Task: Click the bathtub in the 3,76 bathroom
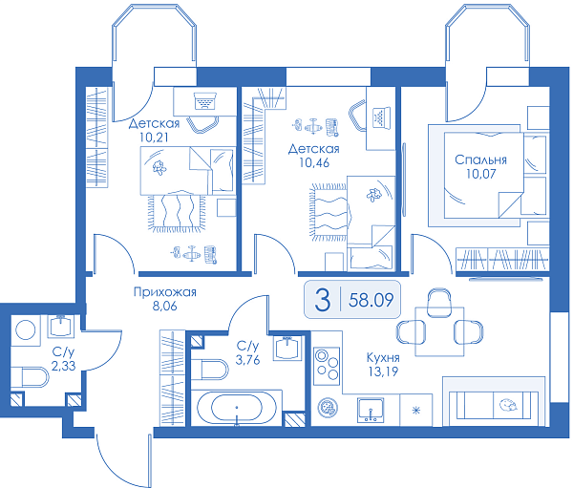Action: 237,408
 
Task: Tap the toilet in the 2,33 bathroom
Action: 31,377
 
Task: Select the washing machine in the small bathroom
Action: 25,330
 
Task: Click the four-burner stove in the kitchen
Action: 327,366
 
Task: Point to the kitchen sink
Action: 371,410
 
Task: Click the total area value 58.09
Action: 371,300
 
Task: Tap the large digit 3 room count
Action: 323,300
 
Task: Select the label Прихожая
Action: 165,292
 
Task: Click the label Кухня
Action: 383,357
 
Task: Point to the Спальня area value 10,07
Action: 481,174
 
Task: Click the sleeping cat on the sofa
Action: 507,405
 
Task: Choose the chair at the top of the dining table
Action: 439,302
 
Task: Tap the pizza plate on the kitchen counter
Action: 328,408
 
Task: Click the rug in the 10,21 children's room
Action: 177,214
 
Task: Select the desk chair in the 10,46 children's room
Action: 357,115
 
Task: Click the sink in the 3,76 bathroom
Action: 288,348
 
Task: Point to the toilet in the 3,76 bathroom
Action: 209,370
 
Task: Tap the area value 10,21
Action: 154,138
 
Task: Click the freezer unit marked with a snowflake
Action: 416,410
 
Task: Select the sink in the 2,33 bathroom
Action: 61,326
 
